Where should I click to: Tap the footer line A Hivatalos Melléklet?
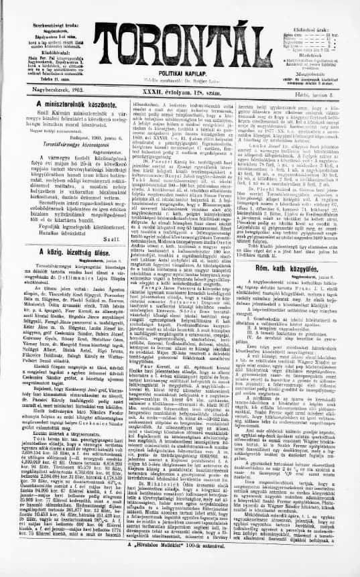pyautogui.click(x=180, y=564)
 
